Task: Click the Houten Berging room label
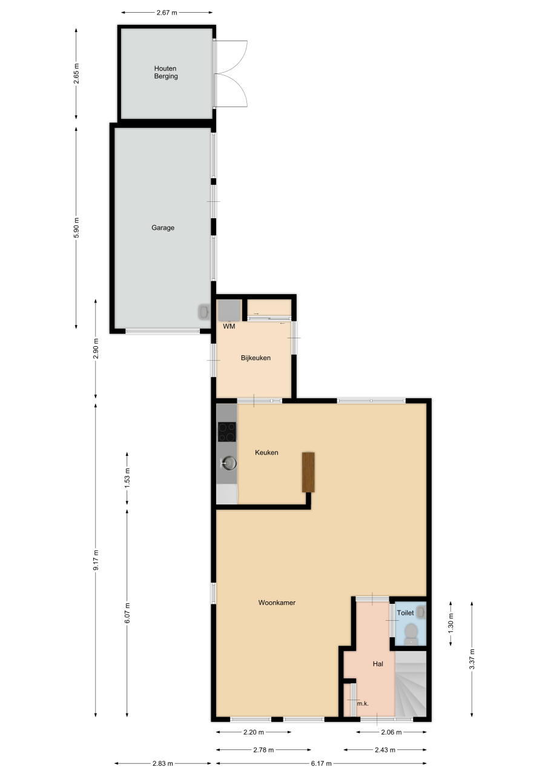pos(166,72)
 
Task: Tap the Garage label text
pos(163,227)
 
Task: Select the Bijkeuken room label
pos(256,358)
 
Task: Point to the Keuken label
pos(266,452)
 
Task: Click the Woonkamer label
pos(277,603)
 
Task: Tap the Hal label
pos(378,664)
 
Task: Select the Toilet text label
pos(405,613)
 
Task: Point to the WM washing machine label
pos(229,326)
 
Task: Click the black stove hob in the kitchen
pos(227,432)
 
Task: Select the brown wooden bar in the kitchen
pos(308,472)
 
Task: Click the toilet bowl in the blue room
pos(411,632)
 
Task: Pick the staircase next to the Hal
pos(411,683)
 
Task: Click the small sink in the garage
pos(204,312)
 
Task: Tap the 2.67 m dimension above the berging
pos(167,13)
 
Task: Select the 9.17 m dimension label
pos(96,560)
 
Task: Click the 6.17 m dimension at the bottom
pos(321,763)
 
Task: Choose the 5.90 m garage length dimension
pos(76,227)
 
